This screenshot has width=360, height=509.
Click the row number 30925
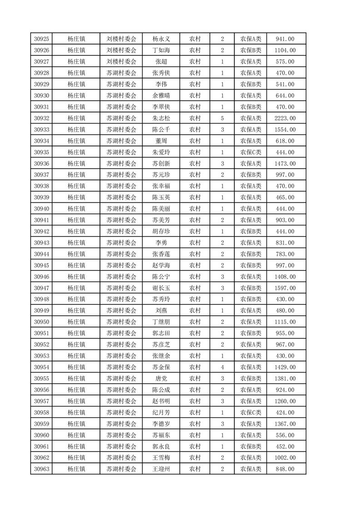[41, 39]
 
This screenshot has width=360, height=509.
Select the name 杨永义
[161, 39]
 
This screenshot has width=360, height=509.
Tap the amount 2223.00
[285, 118]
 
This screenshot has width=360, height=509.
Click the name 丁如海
[161, 50]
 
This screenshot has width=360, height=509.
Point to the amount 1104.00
[285, 50]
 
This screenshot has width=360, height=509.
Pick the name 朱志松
[161, 118]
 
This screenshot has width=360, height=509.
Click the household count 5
[222, 118]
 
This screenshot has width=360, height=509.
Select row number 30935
[41, 152]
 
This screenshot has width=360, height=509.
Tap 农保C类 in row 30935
[251, 152]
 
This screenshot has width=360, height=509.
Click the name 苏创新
[161, 164]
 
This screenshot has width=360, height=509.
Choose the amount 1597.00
[285, 288]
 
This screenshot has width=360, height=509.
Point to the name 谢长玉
[161, 288]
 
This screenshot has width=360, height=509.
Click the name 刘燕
[161, 311]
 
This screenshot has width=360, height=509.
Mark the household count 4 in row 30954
[222, 367]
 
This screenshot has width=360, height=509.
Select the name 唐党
[161, 379]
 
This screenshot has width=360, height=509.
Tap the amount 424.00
[285, 413]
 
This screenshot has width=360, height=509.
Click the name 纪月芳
[161, 413]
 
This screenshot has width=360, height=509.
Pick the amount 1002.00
[285, 458]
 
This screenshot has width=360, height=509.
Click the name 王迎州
[161, 469]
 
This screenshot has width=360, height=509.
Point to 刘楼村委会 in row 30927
[121, 62]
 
